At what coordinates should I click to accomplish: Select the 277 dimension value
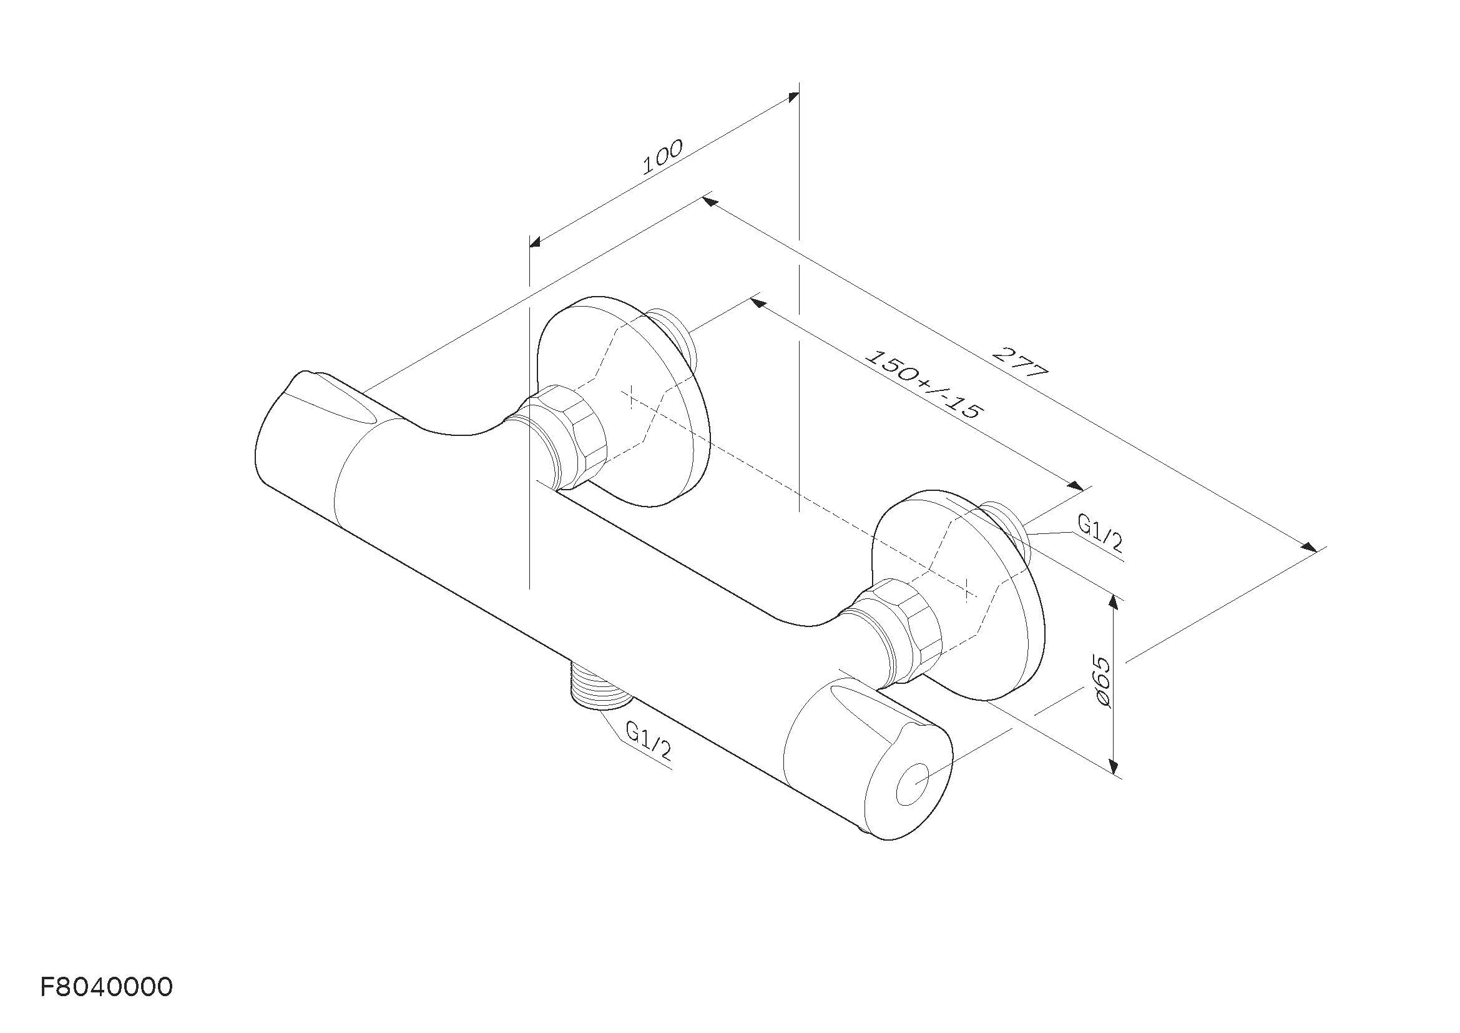pyautogui.click(x=1020, y=363)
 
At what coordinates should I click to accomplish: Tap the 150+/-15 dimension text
pyautogui.click(x=925, y=384)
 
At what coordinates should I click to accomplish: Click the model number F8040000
pyautogui.click(x=106, y=987)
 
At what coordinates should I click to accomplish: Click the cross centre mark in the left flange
pyautogui.click(x=630, y=397)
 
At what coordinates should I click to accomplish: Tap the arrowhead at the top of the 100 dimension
pyautogui.click(x=793, y=96)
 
